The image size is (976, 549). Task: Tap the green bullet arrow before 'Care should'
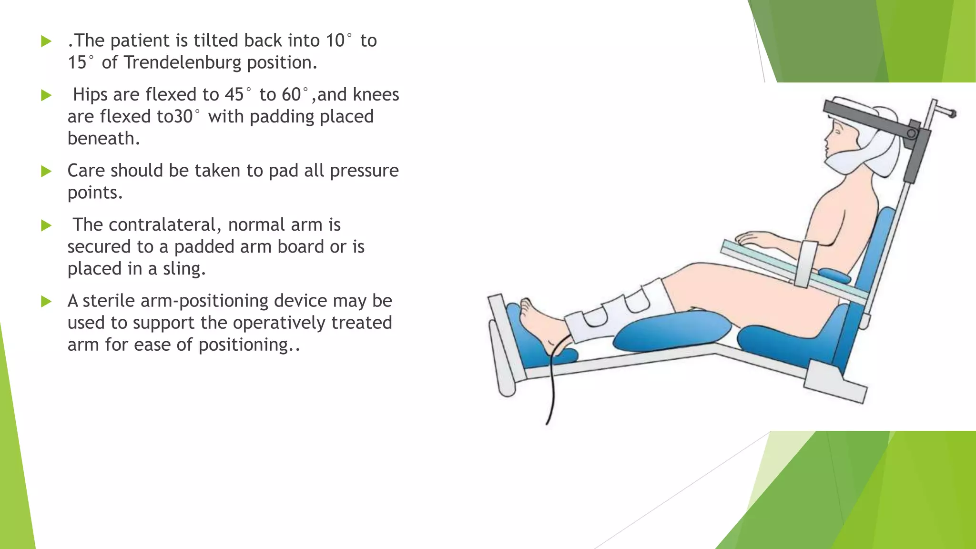click(x=46, y=171)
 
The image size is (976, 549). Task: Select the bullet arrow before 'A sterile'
click(x=46, y=301)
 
